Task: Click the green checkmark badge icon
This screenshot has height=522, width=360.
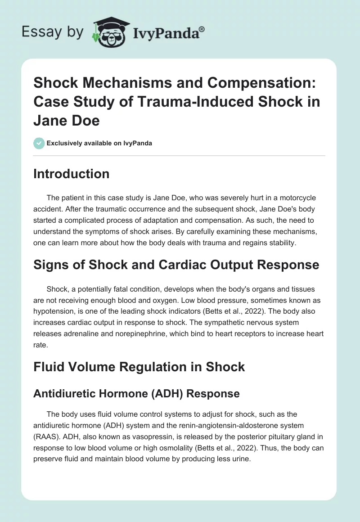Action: pos(39,143)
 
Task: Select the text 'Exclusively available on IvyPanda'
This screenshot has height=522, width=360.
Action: pos(99,143)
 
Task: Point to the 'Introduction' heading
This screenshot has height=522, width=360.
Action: pos(71,174)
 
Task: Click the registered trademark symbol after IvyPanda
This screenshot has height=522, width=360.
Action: pos(202,28)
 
